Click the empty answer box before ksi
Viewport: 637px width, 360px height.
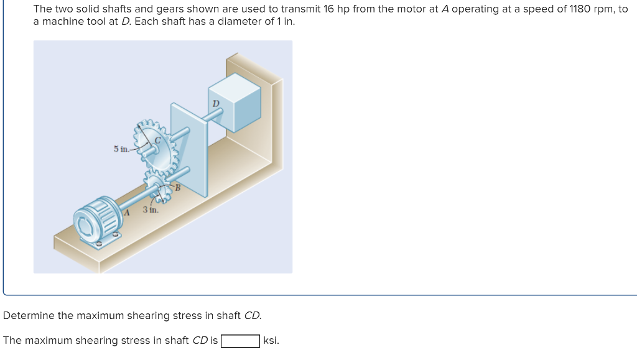point(240,341)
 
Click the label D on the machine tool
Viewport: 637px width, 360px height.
point(216,103)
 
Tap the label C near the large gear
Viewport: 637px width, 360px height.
point(157,140)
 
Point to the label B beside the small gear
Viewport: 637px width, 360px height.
point(177,188)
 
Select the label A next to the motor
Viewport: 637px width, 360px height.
point(126,212)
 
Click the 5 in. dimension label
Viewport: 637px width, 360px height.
point(121,149)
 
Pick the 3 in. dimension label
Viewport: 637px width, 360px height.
point(151,210)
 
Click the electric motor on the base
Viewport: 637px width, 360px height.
point(98,221)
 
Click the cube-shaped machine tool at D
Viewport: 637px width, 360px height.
point(235,102)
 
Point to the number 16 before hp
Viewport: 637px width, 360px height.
point(328,9)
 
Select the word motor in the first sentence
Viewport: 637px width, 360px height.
point(415,9)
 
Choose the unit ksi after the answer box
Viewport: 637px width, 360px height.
point(271,341)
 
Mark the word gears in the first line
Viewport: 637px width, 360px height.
point(170,9)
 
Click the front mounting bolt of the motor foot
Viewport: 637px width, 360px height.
point(100,244)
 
